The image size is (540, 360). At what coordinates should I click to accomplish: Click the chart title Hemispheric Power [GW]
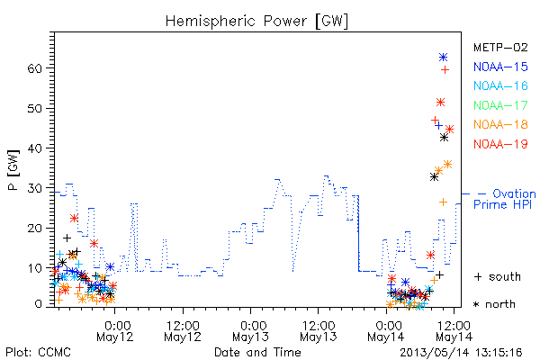(256, 22)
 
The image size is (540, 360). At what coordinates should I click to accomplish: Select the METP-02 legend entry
(500, 48)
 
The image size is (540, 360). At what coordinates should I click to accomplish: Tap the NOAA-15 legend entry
(500, 67)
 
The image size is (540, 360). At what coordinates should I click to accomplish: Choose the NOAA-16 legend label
(500, 85)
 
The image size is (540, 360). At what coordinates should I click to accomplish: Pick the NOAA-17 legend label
(500, 105)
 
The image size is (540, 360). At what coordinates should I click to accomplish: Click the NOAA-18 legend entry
(500, 124)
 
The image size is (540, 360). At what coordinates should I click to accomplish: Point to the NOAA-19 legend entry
(500, 144)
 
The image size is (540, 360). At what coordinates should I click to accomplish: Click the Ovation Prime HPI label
(505, 199)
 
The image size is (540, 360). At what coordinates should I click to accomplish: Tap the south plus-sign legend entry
(498, 276)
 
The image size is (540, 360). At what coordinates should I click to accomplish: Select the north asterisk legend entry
(494, 304)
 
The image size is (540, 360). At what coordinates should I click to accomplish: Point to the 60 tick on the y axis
(34, 68)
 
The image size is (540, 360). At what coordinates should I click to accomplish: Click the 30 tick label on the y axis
(34, 188)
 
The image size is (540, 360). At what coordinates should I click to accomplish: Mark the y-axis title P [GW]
(13, 170)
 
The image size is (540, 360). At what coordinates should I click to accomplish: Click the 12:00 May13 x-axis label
(319, 330)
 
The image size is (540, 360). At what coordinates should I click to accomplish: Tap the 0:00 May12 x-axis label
(114, 330)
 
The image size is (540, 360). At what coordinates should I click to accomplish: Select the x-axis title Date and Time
(257, 353)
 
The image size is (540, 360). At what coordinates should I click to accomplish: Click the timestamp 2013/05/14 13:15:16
(461, 353)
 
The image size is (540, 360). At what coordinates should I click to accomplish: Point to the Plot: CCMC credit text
(38, 353)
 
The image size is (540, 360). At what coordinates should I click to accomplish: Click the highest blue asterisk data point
(443, 58)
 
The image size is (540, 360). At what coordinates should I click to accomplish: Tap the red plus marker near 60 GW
(445, 70)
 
